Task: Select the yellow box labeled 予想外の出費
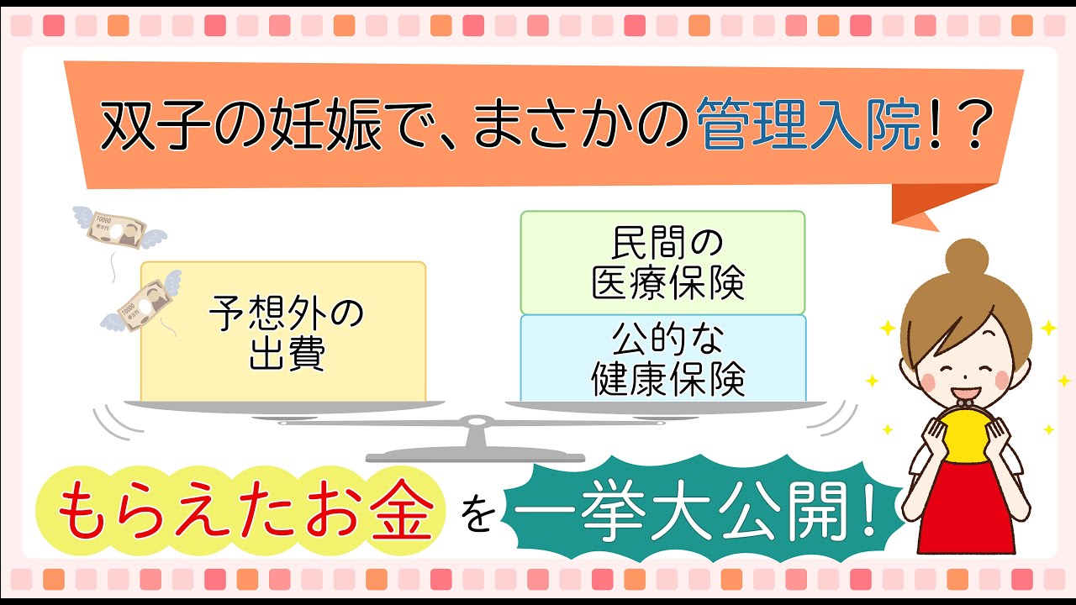(x=283, y=332)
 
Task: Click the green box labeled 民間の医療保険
(x=662, y=263)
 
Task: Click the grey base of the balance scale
(x=476, y=455)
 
